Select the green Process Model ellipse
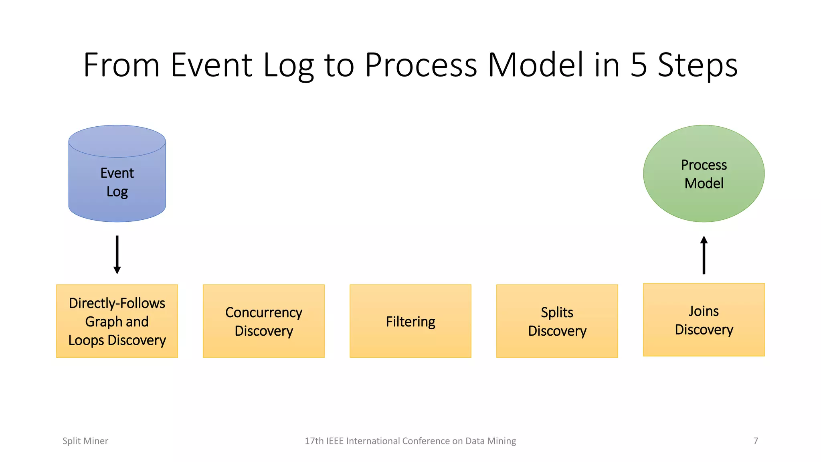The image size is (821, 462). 704,174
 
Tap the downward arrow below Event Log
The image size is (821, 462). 117,255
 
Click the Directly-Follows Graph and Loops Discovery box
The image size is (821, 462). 117,321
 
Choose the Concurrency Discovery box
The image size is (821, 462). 264,321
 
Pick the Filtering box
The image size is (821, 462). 410,321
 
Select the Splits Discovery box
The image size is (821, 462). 557,321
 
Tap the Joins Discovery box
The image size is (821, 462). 704,320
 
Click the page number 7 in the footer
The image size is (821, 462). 756,441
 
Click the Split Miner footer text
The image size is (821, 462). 85,441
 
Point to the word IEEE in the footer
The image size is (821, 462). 335,441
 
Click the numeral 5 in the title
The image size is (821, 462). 639,65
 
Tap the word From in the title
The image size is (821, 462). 121,65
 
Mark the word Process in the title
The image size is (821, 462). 421,65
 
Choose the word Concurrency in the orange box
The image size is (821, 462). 264,312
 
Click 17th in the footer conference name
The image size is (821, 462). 314,441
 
